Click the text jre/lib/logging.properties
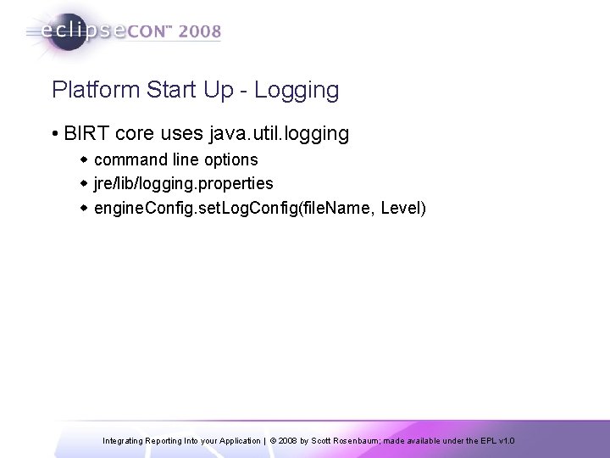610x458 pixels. point(184,183)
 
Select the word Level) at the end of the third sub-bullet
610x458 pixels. point(404,207)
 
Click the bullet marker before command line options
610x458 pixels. point(84,160)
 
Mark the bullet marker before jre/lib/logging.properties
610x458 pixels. point(84,183)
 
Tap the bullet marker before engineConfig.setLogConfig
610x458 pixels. point(84,207)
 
